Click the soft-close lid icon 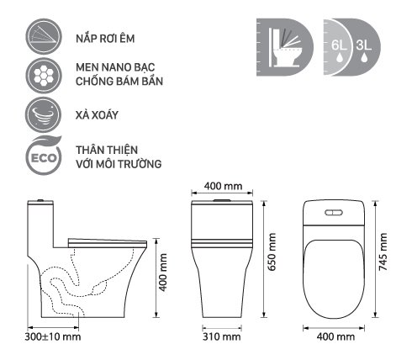(44, 36)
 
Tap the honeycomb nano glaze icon (44, 76)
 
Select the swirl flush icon (44, 114)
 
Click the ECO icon (44, 156)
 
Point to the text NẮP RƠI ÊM (105, 38)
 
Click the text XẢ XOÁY (97, 115)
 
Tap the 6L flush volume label (339, 45)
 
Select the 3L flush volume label (364, 45)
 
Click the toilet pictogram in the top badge (286, 47)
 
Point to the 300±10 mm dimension (53, 336)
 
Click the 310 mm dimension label (221, 336)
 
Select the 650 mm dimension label (272, 251)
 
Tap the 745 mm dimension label (383, 251)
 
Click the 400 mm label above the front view (223, 186)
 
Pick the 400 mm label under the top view (335, 336)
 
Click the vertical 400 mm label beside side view (162, 273)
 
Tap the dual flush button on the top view (334, 213)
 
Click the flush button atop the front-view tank (222, 200)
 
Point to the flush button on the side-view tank (40, 200)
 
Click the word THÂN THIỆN (107, 150)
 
